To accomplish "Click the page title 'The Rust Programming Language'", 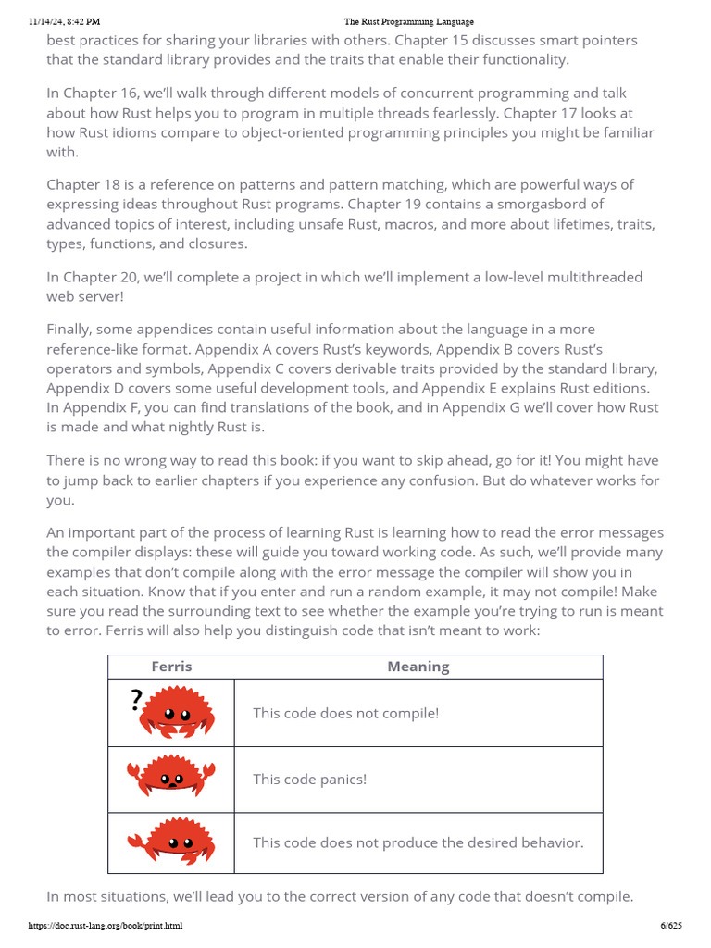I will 408,21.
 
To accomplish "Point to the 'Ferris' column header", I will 171,667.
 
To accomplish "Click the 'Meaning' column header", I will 418,667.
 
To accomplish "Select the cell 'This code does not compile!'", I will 346,713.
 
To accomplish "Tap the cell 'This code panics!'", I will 310,780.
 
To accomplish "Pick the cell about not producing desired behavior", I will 418,842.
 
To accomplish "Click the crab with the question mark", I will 177,712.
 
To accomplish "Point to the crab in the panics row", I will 171,778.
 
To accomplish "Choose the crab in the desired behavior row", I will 170,842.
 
